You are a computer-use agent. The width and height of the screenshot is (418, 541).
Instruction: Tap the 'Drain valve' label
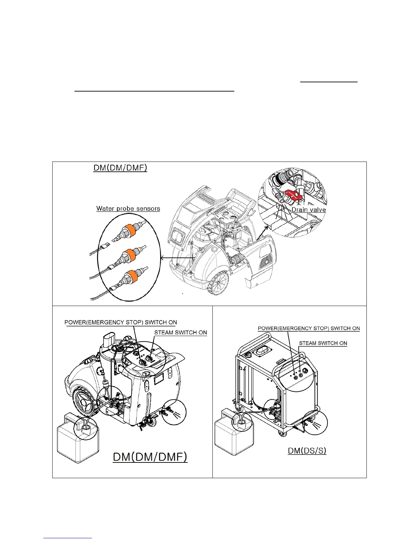tap(308, 210)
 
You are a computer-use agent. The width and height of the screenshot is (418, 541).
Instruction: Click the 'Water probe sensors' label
tap(128, 208)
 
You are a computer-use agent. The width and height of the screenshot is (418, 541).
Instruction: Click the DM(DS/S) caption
tap(307, 450)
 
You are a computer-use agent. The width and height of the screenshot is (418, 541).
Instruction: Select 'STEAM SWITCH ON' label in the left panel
tap(180, 332)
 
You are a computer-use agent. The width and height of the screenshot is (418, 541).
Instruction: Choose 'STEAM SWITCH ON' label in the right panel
tap(323, 343)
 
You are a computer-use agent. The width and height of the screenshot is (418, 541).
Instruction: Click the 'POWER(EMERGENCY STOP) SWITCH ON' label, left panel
tap(121, 322)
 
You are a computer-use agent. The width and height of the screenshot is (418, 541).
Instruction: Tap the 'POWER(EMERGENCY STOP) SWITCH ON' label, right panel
tap(309, 328)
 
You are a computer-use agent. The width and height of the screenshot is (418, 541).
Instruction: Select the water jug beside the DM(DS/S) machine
tap(234, 435)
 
